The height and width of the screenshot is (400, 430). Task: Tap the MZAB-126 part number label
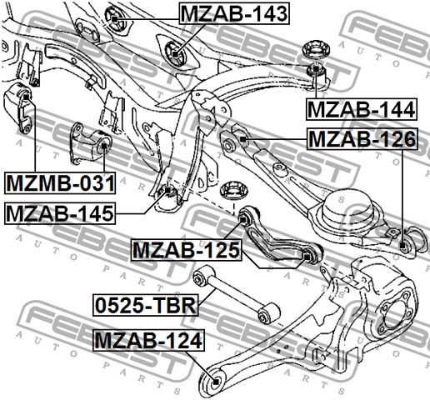tap(361, 138)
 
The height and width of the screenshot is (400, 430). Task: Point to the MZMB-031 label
tap(48, 182)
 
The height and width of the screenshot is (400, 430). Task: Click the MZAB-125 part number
tap(186, 249)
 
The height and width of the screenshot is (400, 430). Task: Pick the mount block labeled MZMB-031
tap(22, 106)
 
